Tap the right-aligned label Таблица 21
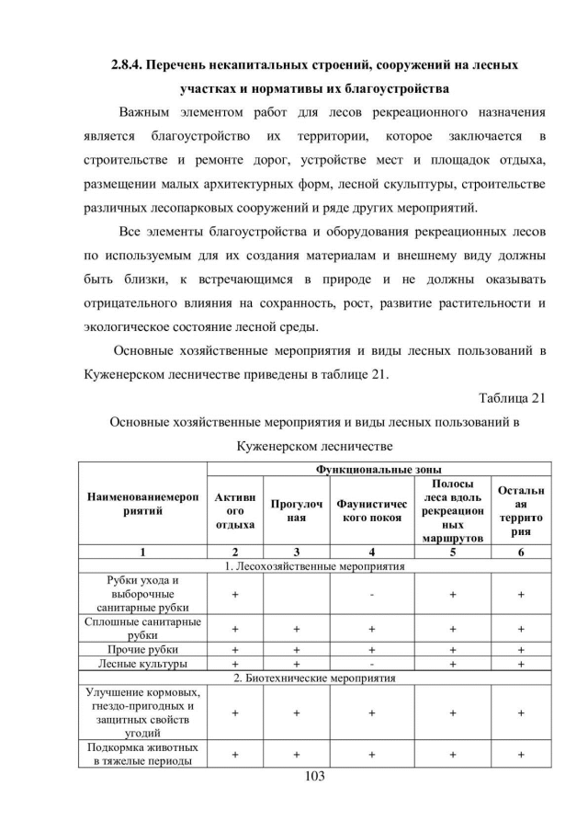click(x=512, y=398)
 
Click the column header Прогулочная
click(x=297, y=510)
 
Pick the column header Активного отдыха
click(x=235, y=510)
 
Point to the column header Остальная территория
click(x=520, y=510)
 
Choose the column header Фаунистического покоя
click(x=370, y=510)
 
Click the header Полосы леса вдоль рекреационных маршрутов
click(x=451, y=510)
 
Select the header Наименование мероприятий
click(x=141, y=504)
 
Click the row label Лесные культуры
click(x=141, y=662)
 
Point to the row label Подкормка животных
click(x=141, y=755)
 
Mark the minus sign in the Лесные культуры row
click(x=370, y=662)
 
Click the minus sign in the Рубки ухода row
click(x=370, y=596)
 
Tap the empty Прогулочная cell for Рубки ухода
click(x=297, y=596)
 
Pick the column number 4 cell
click(x=370, y=552)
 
